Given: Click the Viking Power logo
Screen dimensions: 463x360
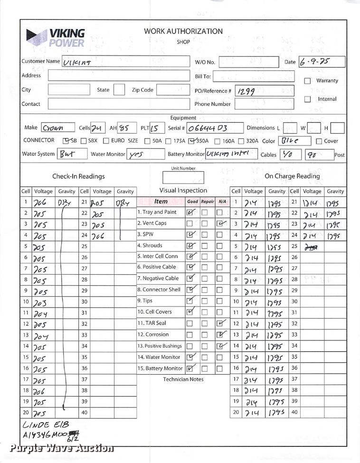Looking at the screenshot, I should (x=56, y=37).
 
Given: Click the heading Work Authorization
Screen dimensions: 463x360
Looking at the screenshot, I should (x=183, y=31).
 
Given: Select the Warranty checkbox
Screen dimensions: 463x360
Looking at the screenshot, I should (x=307, y=81).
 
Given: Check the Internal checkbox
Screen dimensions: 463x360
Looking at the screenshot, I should (x=307, y=99).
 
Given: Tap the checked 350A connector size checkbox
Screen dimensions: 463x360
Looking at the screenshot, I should (x=191, y=141).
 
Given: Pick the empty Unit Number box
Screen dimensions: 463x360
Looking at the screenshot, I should (x=183, y=177).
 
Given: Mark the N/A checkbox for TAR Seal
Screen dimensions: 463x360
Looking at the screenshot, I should (x=220, y=324).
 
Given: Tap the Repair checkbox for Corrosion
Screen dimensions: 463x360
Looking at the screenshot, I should (x=205, y=335).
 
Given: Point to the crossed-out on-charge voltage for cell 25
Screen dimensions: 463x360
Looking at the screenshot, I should (x=312, y=247).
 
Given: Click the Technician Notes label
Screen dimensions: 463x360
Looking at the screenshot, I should (x=183, y=379).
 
